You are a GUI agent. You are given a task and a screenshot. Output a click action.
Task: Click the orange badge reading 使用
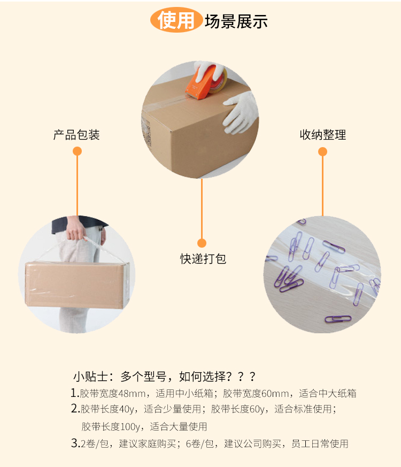point(176,20)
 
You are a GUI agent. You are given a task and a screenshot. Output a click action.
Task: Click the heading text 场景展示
point(236,21)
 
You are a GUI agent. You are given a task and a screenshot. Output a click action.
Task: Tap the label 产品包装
point(76,135)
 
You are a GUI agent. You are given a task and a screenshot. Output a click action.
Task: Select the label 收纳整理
point(323,135)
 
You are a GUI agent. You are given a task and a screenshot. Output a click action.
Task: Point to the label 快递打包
point(203,259)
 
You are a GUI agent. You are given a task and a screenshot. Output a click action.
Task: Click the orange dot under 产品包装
point(77,151)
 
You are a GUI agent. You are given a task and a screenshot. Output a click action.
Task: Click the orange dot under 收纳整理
point(323,151)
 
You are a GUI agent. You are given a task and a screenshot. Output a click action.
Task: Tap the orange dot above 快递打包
point(202,243)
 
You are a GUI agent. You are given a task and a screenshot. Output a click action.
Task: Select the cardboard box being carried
point(78,285)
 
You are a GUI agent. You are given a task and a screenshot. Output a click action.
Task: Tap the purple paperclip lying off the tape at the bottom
point(338,319)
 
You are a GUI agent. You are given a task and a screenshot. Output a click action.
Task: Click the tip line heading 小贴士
point(165,377)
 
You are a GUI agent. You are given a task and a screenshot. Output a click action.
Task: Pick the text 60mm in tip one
point(275,393)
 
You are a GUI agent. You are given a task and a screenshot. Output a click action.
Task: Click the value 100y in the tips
point(129,427)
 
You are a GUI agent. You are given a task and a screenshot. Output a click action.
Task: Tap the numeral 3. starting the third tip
point(75,443)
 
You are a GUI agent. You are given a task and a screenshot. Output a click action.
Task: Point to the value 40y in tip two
point(127,409)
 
